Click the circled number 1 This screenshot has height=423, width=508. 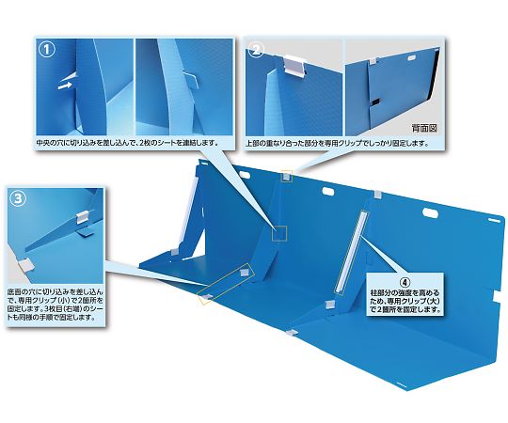tap(47, 50)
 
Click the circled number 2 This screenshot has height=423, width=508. tap(256, 50)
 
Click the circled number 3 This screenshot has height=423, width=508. tap(19, 198)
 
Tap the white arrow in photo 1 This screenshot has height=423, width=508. tap(65, 86)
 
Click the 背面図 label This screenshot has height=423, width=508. tap(424, 128)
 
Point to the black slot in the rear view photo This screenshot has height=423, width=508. tap(375, 102)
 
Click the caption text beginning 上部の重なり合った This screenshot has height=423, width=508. tap(338, 143)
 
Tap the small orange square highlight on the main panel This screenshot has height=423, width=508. tap(279, 234)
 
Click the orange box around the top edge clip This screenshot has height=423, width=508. tap(286, 177)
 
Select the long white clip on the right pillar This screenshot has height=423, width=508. tap(351, 252)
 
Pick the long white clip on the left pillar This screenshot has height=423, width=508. tap(188, 214)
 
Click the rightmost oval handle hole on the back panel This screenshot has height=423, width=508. tap(431, 213)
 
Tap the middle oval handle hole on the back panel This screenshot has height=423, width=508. tap(328, 191)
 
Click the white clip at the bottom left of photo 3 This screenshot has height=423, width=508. tap(25, 265)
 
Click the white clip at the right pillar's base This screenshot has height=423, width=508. tap(330, 304)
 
